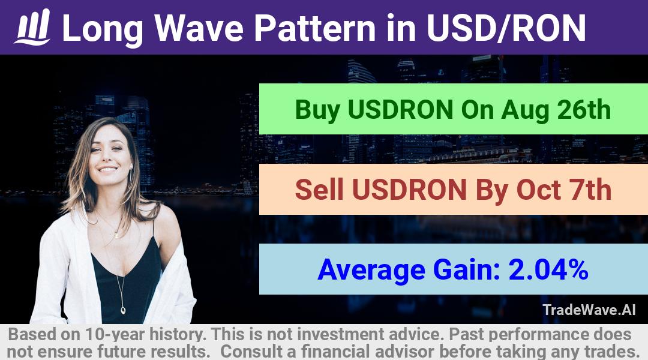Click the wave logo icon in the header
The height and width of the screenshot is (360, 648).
click(32, 27)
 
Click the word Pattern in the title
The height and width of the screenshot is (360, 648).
click(315, 28)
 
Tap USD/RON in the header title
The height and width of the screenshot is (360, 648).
click(506, 28)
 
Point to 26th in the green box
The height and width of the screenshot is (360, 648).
click(584, 110)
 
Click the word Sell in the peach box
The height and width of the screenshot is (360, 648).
click(319, 190)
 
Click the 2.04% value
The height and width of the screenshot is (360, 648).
click(548, 269)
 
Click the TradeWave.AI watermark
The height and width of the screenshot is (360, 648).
click(589, 310)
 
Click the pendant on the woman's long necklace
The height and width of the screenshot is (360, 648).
click(123, 310)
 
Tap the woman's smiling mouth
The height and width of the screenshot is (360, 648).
click(108, 169)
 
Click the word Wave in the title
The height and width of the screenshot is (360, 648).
click(199, 28)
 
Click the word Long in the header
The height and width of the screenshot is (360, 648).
click(103, 29)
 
